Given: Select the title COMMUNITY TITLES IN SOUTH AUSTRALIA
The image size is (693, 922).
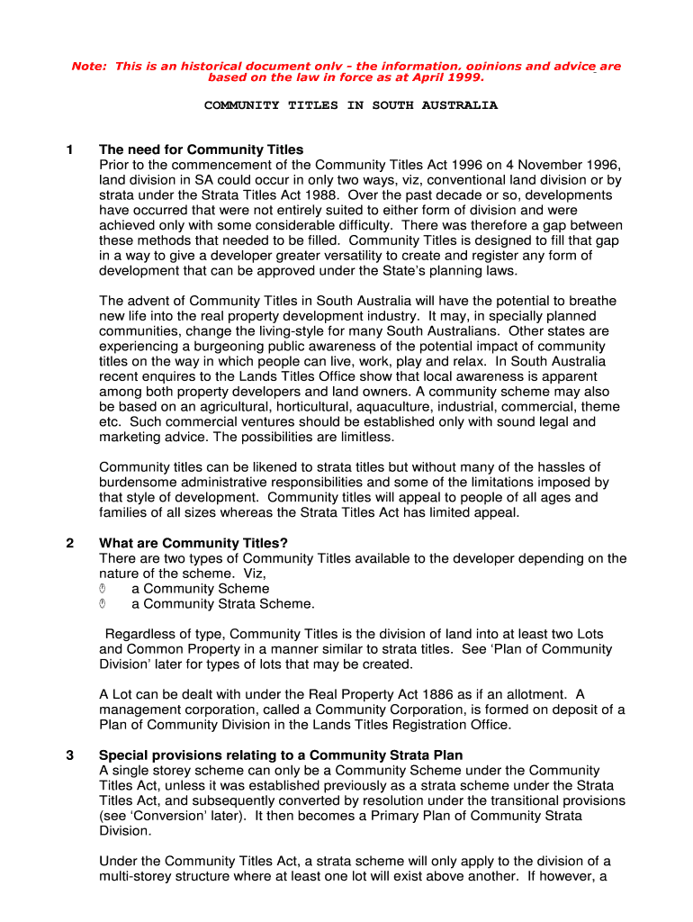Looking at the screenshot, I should pos(350,105).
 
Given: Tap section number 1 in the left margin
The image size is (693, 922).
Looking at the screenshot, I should pos(70,149).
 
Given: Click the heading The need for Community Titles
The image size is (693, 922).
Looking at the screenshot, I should pos(201,149).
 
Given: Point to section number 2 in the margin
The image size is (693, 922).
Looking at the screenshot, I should pos(70,543).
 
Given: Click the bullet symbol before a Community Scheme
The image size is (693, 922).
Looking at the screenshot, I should pos(103,589).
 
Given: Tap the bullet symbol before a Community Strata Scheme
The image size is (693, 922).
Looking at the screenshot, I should pos(103,604).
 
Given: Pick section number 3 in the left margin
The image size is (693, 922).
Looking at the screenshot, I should pos(70,755).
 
